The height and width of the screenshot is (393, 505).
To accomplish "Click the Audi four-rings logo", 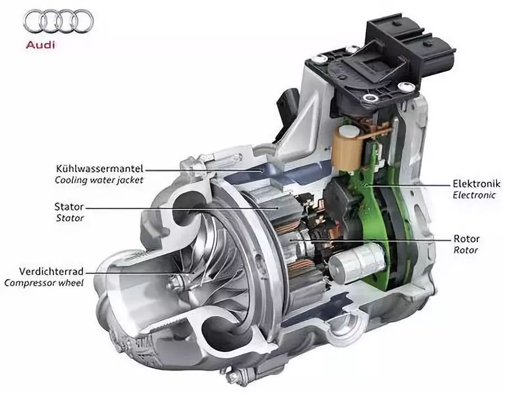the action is (58, 21).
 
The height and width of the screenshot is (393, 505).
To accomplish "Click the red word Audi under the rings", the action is (40, 44).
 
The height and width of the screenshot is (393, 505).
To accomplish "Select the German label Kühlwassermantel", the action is (99, 169).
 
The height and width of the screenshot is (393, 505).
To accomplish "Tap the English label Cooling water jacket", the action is (99, 180).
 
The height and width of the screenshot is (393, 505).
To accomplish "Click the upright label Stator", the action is (69, 207).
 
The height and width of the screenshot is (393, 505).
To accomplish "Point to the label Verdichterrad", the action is (51, 272).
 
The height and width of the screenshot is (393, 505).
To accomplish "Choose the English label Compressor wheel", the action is (44, 283).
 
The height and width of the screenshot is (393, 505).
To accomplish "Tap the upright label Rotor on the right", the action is (467, 239).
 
